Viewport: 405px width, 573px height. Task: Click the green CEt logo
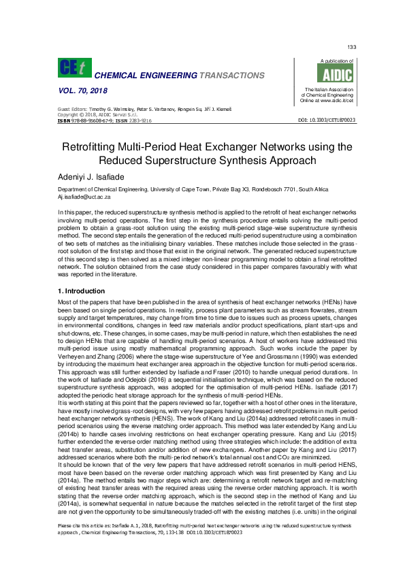[75, 67]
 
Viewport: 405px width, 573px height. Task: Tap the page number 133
[352, 46]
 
